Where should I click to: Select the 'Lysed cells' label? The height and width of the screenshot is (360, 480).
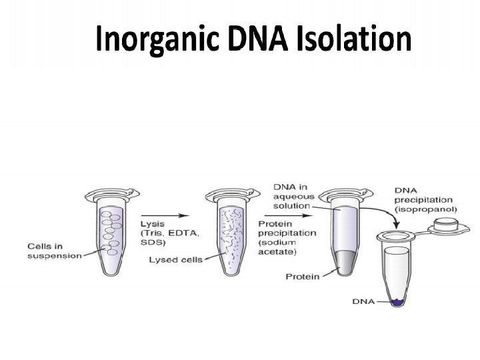tap(174, 260)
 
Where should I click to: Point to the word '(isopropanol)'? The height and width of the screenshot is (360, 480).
tap(422, 209)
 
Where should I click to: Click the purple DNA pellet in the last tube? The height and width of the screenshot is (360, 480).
tap(398, 302)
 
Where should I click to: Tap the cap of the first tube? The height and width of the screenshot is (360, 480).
tap(103, 195)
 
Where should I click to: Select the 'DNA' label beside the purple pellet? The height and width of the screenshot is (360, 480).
tap(362, 302)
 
